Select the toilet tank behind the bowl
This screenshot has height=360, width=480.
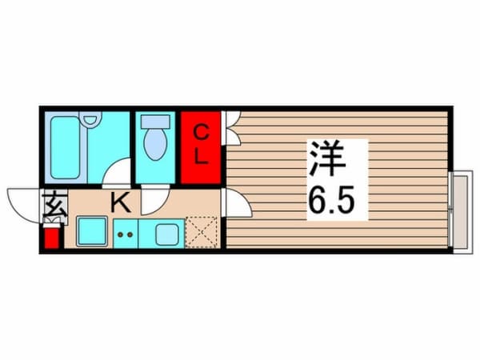tap(154, 122)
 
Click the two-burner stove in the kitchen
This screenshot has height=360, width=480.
tap(125, 234)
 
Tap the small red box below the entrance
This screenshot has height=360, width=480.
tap(51, 237)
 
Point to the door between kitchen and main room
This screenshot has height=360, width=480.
tap(236, 203)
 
